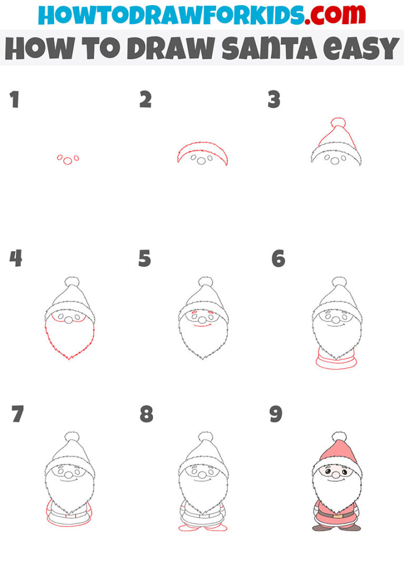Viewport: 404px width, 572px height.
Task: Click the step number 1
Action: [14, 99]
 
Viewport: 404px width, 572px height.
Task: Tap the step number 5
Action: [145, 258]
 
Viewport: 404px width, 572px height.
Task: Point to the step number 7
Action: [17, 414]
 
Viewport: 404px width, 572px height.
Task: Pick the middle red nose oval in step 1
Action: [67, 161]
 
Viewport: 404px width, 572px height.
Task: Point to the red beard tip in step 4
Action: [70, 358]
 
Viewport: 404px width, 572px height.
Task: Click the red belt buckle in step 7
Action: [70, 516]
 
